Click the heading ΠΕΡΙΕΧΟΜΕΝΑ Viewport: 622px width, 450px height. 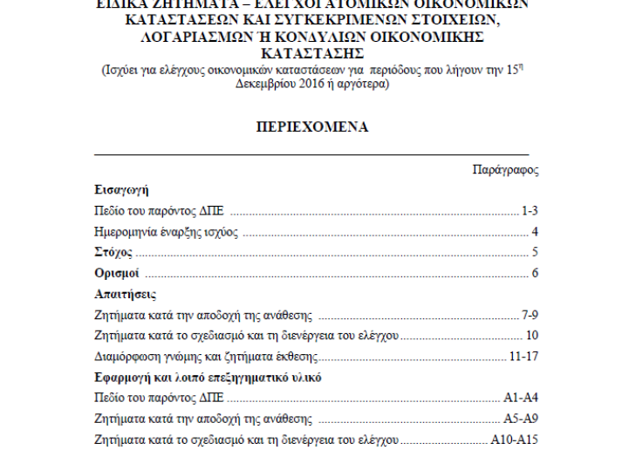pos(311,127)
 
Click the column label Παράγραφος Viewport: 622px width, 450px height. pos(504,169)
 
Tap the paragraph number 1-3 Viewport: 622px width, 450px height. pos(530,211)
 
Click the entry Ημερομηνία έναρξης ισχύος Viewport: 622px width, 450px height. pos(166,232)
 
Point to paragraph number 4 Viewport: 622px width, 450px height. pos(534,232)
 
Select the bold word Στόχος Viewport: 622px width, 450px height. pos(113,253)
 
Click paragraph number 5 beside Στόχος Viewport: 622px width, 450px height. pos(534,253)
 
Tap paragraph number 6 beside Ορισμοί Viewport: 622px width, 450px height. pos(534,274)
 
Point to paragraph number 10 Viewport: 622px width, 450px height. pos(531,336)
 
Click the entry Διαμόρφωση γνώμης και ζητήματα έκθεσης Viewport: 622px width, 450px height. pos(204,357)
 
